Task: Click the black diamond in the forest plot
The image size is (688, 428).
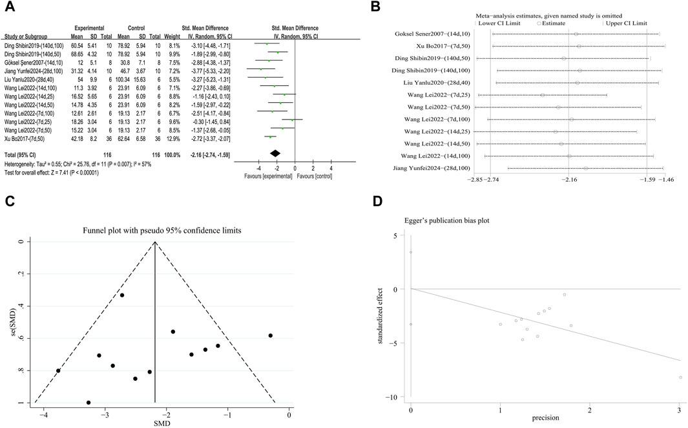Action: (275, 153)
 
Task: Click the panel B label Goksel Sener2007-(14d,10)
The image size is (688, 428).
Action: (428, 34)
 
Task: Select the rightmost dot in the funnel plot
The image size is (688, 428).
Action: (271, 336)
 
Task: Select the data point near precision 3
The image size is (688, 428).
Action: (680, 377)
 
